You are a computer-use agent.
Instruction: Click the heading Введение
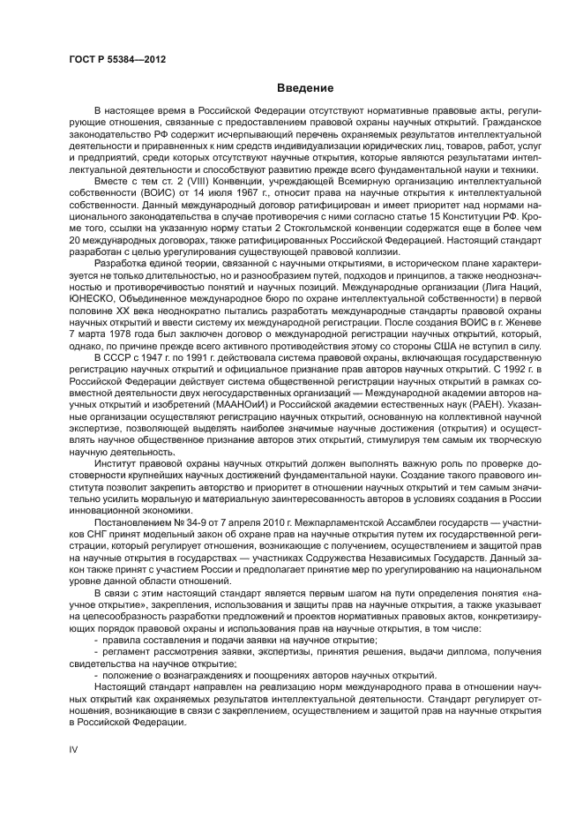[x=305, y=88]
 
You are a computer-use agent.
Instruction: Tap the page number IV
[x=74, y=748]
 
